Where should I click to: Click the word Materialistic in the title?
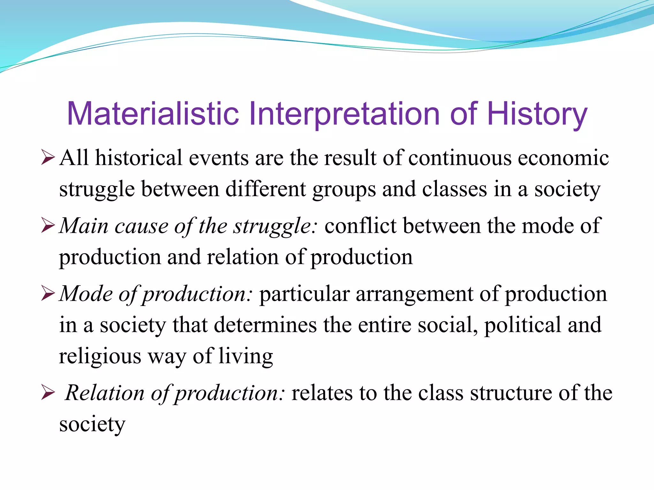[153, 114]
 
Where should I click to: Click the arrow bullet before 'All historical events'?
[48, 158]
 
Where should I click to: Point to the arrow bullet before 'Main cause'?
[48, 226]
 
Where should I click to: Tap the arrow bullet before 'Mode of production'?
[48, 294]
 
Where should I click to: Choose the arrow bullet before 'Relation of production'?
[48, 393]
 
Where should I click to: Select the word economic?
[563, 158]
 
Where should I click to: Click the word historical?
[139, 158]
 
